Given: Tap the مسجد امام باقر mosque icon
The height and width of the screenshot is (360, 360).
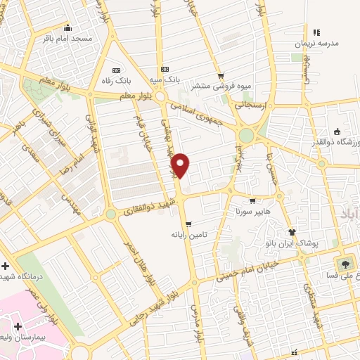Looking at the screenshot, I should [x=67, y=28].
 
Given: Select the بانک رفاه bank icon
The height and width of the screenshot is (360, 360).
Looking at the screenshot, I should [x=116, y=71].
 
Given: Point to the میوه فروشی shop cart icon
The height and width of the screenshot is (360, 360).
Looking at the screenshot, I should [x=221, y=76].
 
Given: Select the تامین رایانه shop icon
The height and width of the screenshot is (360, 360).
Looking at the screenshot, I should [x=188, y=224].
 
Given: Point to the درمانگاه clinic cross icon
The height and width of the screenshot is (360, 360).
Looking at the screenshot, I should [x=6, y=267].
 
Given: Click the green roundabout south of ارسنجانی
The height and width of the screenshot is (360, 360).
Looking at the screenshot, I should [x=247, y=134].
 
